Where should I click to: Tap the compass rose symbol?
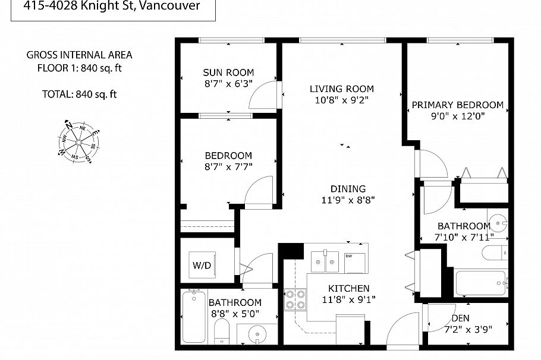pos(78,141)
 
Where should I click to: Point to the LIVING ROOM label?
pos(342,89)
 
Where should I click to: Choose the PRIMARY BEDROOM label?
pos(457,105)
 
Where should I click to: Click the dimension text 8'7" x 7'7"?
pos(228,167)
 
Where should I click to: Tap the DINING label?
pos(348,189)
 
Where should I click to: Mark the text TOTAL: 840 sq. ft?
pos(79,94)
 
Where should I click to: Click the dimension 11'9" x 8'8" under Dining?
pos(348,200)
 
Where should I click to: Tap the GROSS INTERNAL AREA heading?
pos(79,55)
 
